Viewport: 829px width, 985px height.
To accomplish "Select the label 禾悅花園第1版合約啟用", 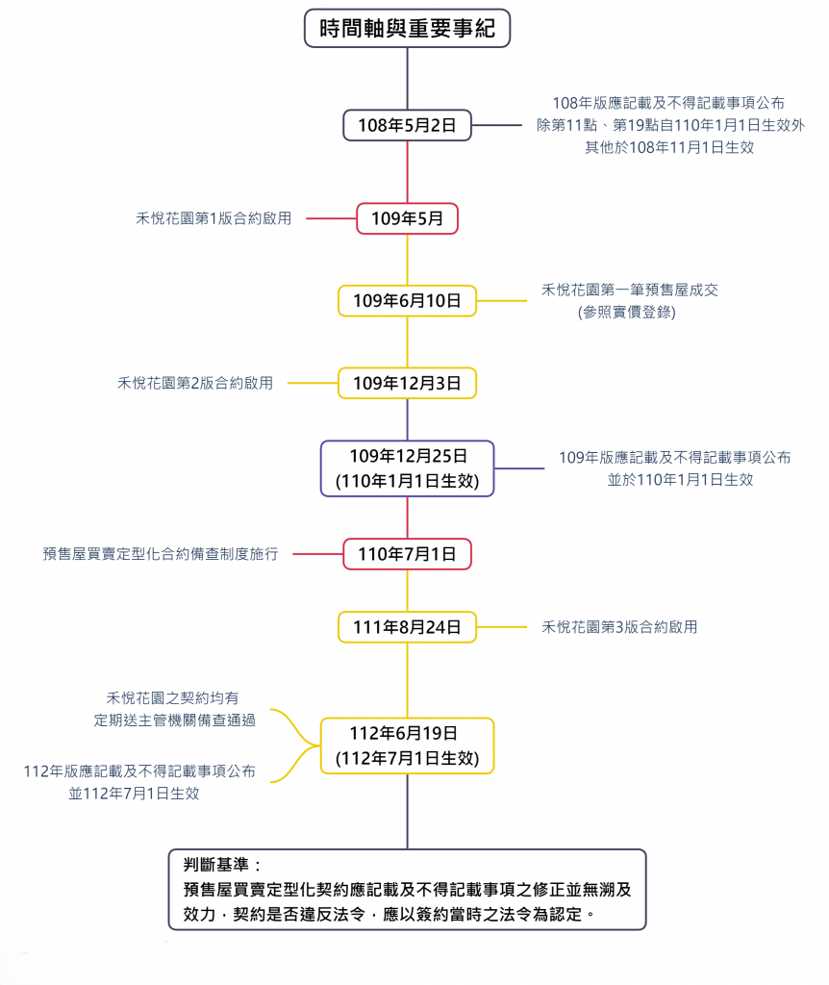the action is tap(214, 218).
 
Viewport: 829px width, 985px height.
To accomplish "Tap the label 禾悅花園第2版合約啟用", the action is tap(195, 383).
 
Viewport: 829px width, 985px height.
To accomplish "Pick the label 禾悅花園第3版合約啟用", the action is tap(619, 627).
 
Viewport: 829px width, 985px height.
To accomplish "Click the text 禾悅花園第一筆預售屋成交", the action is tap(629, 290).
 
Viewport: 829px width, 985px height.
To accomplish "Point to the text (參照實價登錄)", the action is tap(627, 313).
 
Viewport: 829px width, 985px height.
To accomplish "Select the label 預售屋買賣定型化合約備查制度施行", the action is tap(161, 554).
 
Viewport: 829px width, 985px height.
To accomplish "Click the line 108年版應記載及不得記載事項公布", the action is tap(668, 103).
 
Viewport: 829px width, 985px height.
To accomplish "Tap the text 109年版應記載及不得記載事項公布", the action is tap(675, 457).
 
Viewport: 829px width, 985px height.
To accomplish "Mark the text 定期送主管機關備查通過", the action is tap(175, 720).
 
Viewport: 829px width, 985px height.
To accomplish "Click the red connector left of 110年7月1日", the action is tap(317, 554).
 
